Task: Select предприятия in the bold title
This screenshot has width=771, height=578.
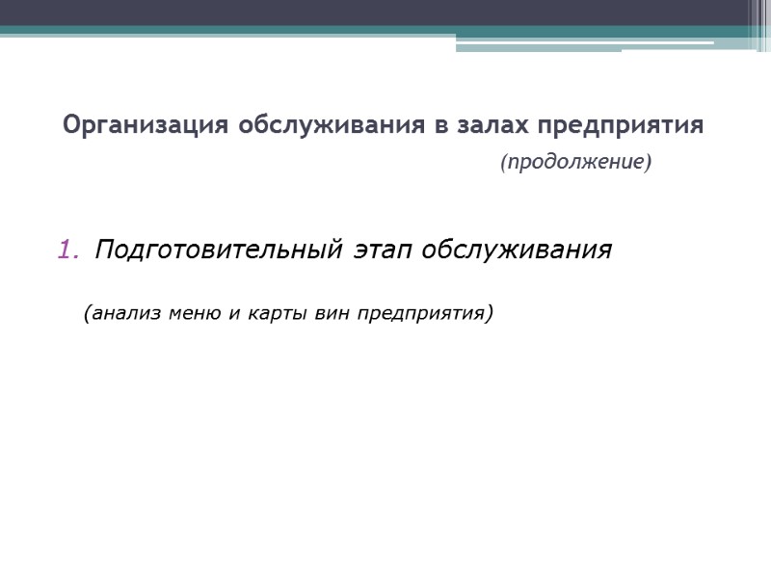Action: (620, 126)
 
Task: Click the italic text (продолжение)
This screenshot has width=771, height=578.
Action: (575, 163)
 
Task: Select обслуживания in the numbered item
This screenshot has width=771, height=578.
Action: (518, 250)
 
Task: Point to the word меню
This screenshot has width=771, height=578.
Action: (190, 313)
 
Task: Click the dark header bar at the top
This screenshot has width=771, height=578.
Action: (366, 13)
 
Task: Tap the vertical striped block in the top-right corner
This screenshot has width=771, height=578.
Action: (759, 24)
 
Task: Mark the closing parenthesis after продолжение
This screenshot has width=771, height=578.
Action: (648, 163)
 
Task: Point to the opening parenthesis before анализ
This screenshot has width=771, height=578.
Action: (88, 313)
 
